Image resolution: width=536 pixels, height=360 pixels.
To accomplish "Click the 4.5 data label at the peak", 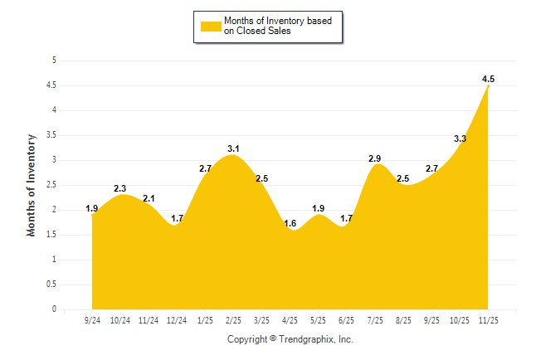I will tap(488, 79).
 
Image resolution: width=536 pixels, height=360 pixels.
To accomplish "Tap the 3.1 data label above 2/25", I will tap(233, 149).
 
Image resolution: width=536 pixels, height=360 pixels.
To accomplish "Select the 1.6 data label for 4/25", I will tap(290, 224).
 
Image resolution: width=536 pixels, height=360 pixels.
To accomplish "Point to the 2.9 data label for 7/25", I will tap(375, 158).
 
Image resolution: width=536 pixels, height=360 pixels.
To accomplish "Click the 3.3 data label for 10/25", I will tap(460, 139).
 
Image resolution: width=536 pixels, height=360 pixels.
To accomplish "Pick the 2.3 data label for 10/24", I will tap(119, 188).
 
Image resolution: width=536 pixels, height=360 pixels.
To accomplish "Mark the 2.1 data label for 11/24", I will tap(149, 198).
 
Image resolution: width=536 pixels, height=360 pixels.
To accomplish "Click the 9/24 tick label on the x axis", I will tap(91, 320).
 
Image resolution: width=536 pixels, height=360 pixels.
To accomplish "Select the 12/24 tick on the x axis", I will tap(176, 320).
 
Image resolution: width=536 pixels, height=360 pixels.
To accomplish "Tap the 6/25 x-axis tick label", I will tap(346, 320).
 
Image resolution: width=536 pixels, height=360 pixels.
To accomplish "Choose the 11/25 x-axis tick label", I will tap(488, 320).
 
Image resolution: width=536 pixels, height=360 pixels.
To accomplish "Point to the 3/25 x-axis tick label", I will tap(261, 320).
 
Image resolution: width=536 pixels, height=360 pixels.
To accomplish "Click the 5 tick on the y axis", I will tap(54, 61).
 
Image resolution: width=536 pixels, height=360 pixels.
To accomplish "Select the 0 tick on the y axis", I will tap(54, 309).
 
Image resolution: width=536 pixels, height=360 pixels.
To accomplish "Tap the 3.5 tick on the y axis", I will tap(51, 135).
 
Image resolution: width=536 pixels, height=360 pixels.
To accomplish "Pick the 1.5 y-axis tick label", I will tap(51, 235).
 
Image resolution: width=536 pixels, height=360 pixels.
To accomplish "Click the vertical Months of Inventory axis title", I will tap(32, 185).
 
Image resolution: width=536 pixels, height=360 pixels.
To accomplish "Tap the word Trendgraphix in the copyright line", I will tap(308, 339).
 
